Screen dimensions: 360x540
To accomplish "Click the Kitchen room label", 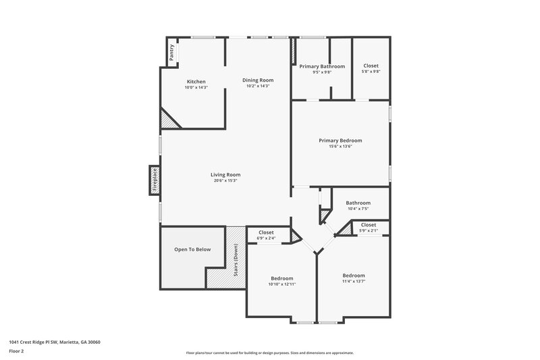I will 196,82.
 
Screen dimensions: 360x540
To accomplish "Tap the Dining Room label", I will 258,80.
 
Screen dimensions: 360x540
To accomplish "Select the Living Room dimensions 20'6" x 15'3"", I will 225,180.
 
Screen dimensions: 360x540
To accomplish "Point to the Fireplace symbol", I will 154,180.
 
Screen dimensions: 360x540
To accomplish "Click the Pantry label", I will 171,53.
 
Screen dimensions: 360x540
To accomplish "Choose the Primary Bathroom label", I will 322,66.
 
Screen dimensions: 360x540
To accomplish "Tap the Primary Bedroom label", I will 340,140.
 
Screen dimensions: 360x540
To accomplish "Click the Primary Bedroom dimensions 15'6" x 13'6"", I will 340,147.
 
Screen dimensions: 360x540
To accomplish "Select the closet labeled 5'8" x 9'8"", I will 371,72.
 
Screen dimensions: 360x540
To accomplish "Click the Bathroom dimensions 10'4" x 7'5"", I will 358,209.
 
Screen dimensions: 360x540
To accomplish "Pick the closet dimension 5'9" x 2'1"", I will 369,230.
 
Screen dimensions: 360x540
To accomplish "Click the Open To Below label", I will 192,249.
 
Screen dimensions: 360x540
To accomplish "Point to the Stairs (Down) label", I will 236,260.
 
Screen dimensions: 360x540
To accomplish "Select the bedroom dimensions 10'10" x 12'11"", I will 282,284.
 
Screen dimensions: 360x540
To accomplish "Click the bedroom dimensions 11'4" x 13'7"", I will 353,282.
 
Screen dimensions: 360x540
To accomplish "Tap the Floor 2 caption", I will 17,351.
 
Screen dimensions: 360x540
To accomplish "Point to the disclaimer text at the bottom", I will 270,353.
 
